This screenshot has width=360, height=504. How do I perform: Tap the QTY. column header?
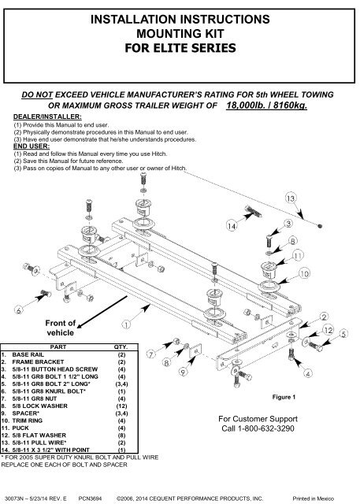126,346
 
